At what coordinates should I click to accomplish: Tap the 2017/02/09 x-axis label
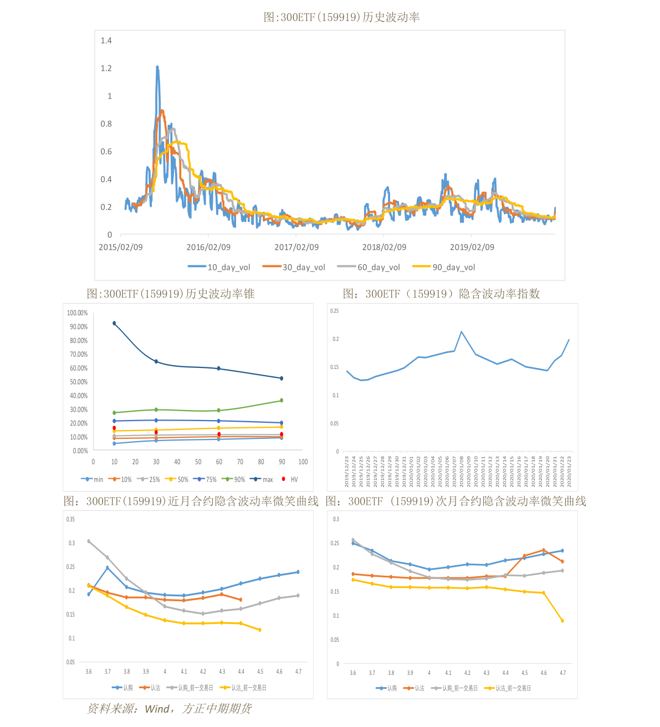296,247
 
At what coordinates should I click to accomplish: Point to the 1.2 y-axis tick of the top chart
106,68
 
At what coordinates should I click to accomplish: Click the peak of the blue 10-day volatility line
157,67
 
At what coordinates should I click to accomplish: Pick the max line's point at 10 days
114,323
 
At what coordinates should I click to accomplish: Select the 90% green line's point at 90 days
282,400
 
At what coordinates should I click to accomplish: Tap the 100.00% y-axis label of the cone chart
77,313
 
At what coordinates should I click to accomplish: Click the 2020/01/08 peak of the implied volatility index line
462,332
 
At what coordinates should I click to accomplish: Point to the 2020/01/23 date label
569,472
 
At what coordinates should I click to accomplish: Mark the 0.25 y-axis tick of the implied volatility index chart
334,311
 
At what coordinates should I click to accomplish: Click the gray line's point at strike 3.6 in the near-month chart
89,541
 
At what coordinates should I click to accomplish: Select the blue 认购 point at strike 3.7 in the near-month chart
108,567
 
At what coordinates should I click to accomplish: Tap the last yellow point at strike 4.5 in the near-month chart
259,629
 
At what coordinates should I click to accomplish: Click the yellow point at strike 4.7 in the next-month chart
562,621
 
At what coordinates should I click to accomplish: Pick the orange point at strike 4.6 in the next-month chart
544,550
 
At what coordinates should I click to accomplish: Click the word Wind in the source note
157,709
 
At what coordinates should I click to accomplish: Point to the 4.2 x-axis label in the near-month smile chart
203,672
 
